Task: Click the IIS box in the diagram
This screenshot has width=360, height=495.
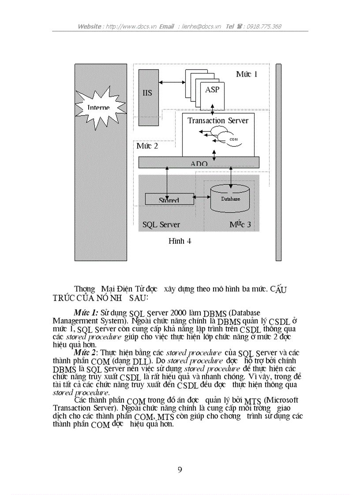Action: pyautogui.click(x=147, y=93)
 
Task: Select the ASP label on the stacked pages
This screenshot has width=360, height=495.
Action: pyautogui.click(x=212, y=89)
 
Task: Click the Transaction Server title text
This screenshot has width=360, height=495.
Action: pyautogui.click(x=218, y=120)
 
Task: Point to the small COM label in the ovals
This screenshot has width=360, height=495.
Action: pyautogui.click(x=233, y=139)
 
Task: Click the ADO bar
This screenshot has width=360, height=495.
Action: pyautogui.click(x=199, y=163)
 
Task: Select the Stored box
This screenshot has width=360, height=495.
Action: pyautogui.click(x=169, y=200)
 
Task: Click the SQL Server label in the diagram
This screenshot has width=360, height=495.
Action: pyautogui.click(x=161, y=224)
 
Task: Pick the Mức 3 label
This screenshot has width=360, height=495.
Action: pyautogui.click(x=240, y=224)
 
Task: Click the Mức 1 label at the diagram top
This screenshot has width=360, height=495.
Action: pyautogui.click(x=246, y=74)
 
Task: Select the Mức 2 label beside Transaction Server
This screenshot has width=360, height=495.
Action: pyautogui.click(x=147, y=146)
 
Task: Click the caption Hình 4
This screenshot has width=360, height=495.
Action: pyautogui.click(x=180, y=241)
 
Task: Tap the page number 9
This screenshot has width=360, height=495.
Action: pyautogui.click(x=180, y=469)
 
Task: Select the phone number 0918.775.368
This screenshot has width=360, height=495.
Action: pyautogui.click(x=264, y=26)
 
